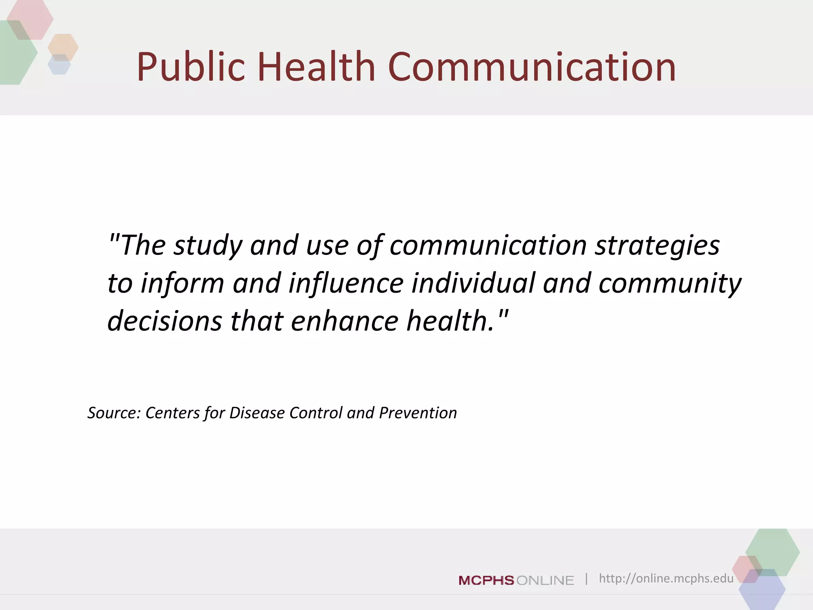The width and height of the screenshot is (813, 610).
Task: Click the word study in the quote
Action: point(208,245)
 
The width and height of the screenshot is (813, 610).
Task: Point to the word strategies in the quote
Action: point(657,245)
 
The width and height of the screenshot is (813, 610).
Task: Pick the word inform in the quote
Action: point(183,283)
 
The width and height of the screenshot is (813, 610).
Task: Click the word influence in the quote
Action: point(346,283)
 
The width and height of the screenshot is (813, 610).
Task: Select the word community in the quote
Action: point(670,283)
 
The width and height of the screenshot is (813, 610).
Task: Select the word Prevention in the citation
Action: point(418,413)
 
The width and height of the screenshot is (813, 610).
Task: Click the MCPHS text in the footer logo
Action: point(486,581)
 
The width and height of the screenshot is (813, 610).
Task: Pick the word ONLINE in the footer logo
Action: point(545,581)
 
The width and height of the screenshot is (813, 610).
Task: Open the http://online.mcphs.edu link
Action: point(666,578)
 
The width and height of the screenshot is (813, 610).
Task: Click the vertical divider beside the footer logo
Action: point(586,579)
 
